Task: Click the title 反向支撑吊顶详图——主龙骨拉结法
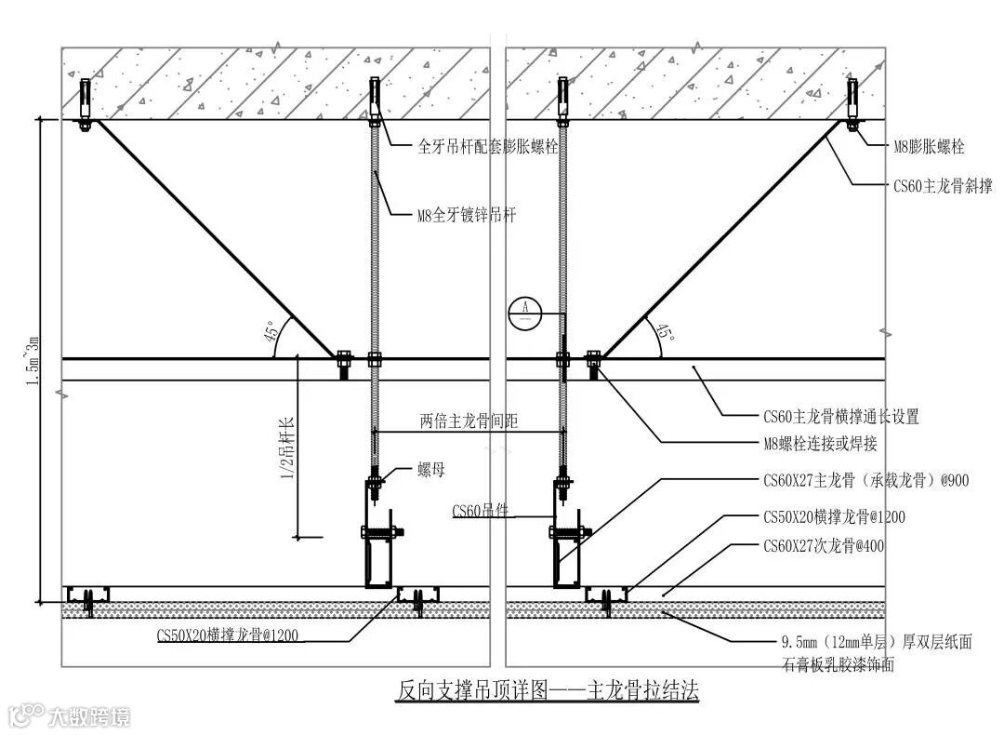(x=547, y=691)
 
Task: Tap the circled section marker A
(x=525, y=310)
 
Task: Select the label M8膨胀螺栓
(x=929, y=147)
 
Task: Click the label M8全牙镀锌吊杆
(x=466, y=216)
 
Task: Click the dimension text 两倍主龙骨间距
(x=469, y=421)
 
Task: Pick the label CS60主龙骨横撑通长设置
(x=840, y=417)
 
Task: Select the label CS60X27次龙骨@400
(x=823, y=546)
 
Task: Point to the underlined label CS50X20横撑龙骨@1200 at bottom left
(x=228, y=636)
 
